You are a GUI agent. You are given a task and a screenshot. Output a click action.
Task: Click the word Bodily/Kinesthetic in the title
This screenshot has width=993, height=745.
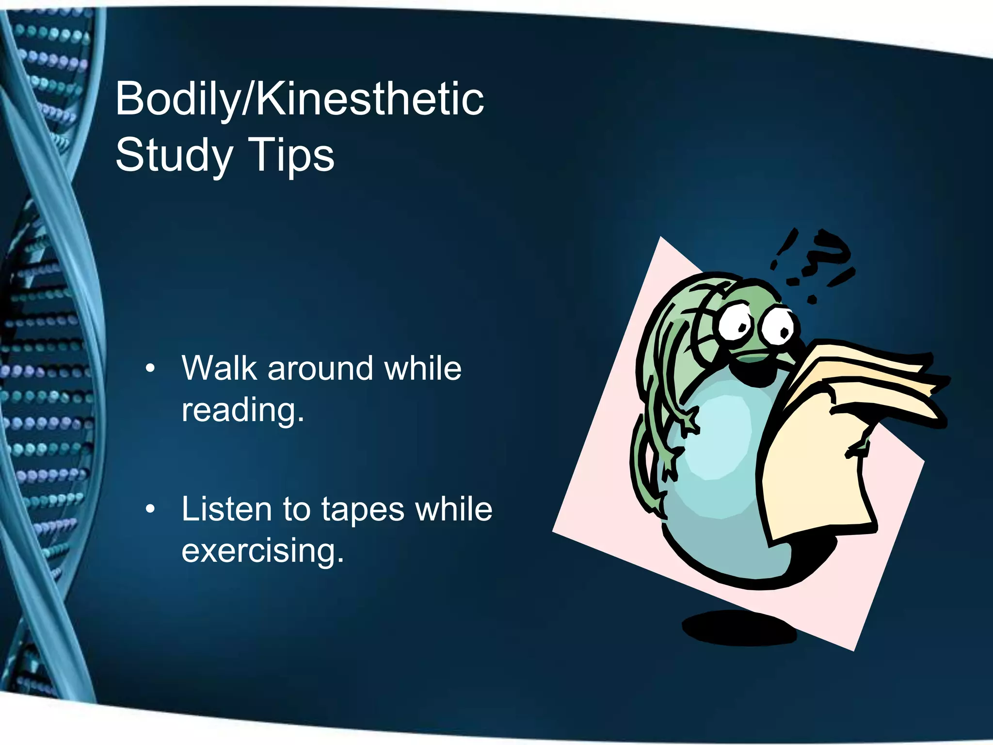point(299,99)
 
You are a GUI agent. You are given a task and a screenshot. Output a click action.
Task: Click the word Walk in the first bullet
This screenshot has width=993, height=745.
point(219,368)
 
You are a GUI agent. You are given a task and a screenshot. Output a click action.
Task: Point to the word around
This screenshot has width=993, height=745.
point(320,368)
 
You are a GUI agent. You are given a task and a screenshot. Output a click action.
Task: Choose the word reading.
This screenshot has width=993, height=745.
point(242,410)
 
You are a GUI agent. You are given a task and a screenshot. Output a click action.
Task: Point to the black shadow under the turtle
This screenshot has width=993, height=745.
point(739,628)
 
